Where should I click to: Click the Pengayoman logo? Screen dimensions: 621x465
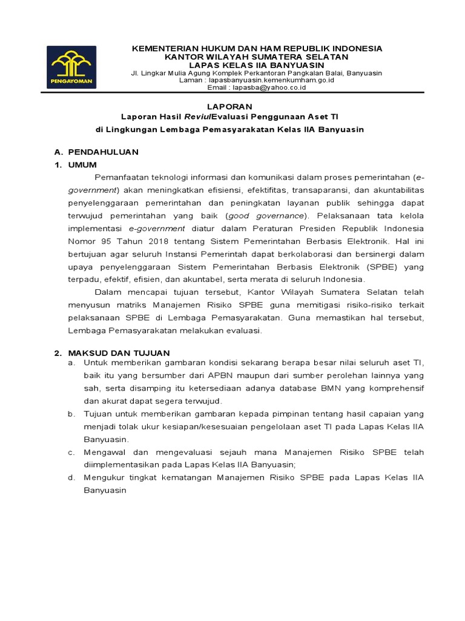pos(72,67)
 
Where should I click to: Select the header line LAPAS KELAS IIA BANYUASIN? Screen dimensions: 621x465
pos(257,65)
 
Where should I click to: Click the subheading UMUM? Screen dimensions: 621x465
pos(82,164)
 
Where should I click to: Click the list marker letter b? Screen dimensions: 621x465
pos(71,414)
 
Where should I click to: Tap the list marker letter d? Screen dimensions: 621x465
pos(71,477)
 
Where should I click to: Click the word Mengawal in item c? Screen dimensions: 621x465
pos(104,452)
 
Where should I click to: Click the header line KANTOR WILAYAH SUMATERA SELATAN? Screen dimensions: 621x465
pos(257,56)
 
